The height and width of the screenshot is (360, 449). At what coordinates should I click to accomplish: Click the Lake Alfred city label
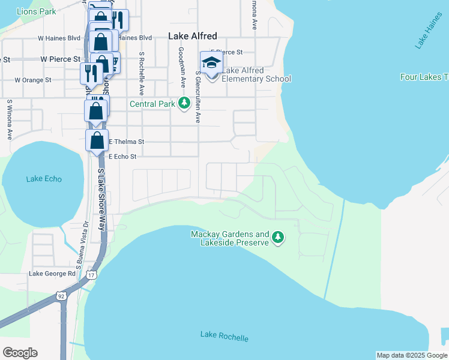pos(192,36)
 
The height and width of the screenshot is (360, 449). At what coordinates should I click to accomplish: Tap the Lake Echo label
pos(44,179)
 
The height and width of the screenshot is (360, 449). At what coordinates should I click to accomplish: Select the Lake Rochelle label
pos(224,336)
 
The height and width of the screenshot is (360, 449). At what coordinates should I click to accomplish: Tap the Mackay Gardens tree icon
pos(277,238)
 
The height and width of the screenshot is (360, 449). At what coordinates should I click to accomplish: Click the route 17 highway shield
pos(91,275)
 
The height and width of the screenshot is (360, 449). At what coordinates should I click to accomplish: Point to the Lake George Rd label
pos(53,274)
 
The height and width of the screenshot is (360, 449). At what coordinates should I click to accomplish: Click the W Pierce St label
pos(60,59)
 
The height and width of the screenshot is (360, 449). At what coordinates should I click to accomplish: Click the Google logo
pos(20,353)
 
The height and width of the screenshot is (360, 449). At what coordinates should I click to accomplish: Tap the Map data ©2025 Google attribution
pos(412,355)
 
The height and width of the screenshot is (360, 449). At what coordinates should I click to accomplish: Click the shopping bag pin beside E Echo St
pos(97,141)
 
